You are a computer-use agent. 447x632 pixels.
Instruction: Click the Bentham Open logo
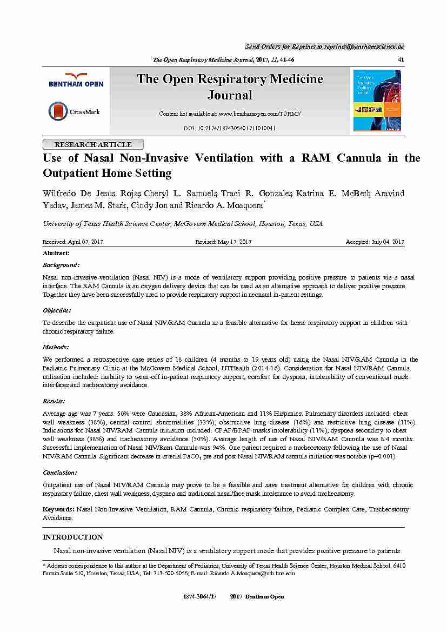click(76, 80)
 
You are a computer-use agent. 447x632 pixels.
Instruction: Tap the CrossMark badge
click(74, 111)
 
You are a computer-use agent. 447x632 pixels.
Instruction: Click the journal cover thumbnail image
click(377, 100)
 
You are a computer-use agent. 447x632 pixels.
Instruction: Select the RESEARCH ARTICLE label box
click(93, 144)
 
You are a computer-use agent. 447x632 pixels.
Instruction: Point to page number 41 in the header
click(401, 59)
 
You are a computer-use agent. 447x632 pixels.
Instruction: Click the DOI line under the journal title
click(230, 129)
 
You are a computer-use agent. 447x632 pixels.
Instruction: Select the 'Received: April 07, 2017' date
click(72, 242)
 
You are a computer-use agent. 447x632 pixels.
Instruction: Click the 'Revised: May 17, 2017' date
click(223, 242)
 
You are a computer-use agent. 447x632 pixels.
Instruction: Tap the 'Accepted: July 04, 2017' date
click(375, 242)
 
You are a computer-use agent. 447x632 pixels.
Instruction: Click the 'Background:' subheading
click(61, 265)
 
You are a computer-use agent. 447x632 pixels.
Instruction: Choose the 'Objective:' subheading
click(57, 310)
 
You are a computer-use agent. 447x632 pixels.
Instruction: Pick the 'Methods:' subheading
click(56, 347)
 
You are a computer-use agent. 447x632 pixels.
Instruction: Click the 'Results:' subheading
click(54, 401)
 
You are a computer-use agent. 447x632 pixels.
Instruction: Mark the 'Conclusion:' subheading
click(59, 472)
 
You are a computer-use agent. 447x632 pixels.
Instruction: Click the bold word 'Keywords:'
click(58, 509)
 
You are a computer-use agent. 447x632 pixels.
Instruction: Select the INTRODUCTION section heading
click(72, 537)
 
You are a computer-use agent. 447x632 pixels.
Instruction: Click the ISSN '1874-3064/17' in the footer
click(199, 596)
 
